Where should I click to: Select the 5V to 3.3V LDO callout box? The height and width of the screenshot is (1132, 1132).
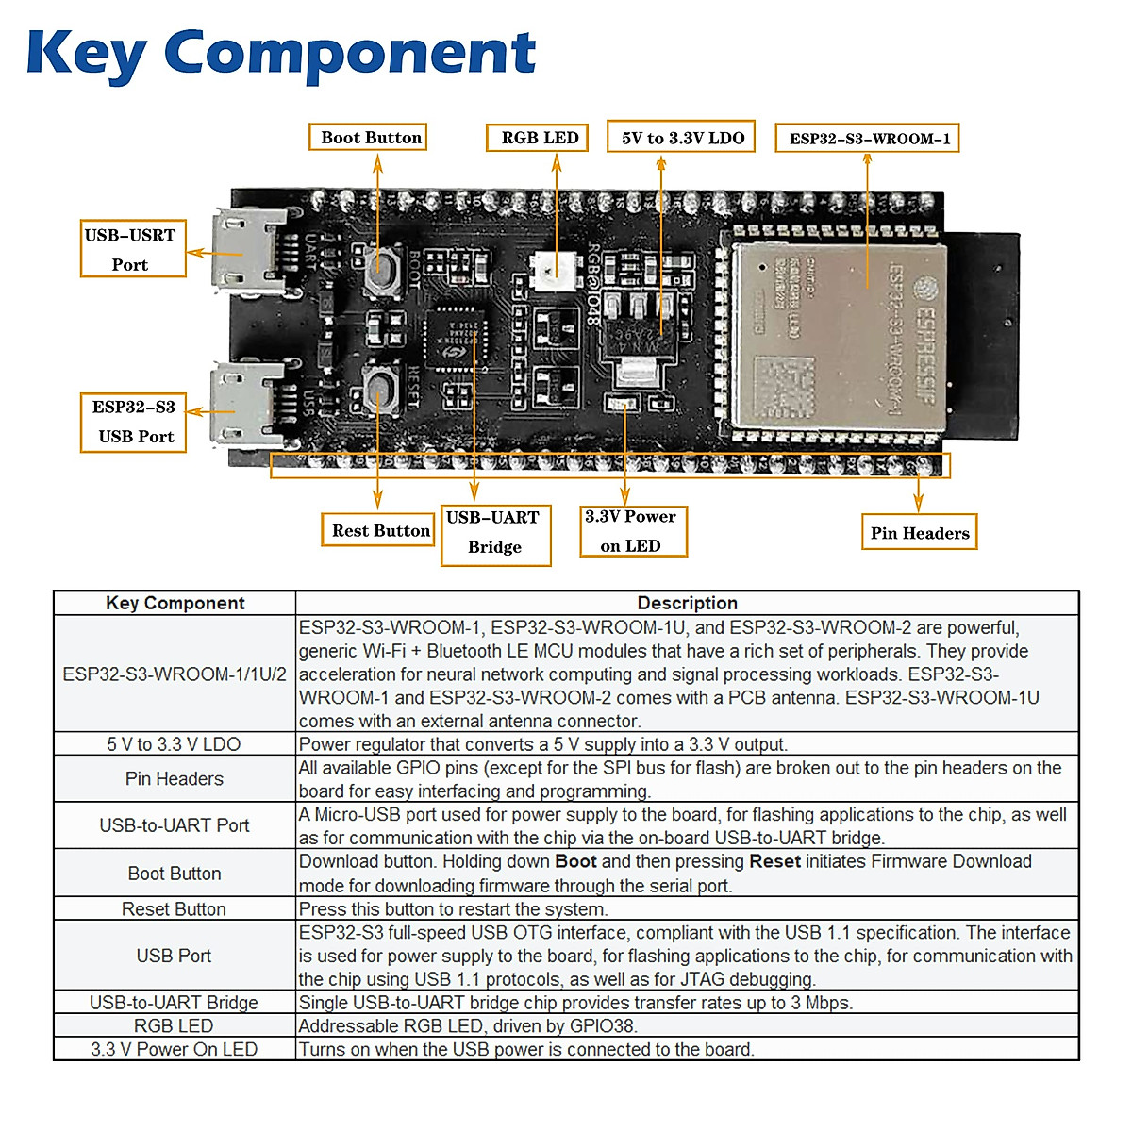(681, 138)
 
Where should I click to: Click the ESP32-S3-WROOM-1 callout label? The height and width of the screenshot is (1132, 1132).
(867, 139)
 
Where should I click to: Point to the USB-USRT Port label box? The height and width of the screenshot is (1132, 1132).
(132, 249)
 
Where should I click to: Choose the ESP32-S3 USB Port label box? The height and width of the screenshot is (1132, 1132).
(133, 422)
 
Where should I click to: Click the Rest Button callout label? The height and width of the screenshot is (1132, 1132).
(379, 530)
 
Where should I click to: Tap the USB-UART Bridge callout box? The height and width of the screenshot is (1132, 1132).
(495, 533)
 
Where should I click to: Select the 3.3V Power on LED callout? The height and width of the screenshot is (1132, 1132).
(632, 531)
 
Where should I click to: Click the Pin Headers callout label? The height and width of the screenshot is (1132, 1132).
(919, 533)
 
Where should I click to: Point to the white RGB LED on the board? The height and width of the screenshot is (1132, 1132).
(548, 271)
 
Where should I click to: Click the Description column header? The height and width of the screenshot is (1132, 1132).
(687, 604)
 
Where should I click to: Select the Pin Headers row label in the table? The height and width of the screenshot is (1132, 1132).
(175, 779)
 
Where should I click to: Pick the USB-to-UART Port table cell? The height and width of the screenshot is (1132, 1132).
(175, 825)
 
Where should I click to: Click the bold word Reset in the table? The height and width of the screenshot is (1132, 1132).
(774, 862)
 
